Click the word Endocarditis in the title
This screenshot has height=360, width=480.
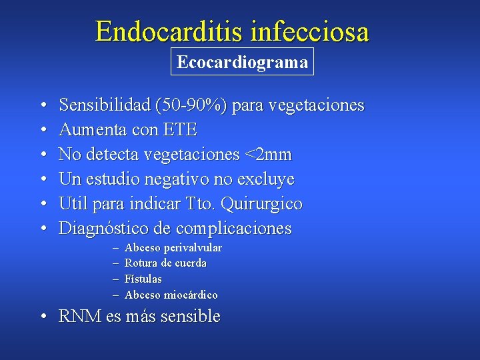click(x=170, y=31)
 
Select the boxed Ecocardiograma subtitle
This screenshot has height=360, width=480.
click(x=242, y=63)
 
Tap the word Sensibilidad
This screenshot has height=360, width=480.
click(x=105, y=105)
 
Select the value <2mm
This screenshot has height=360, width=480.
click(x=268, y=155)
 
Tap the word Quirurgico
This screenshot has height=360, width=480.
click(x=265, y=204)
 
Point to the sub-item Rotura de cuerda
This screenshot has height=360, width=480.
click(x=165, y=263)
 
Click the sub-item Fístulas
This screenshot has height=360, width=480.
click(x=143, y=279)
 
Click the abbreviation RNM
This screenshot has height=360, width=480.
click(x=80, y=317)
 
